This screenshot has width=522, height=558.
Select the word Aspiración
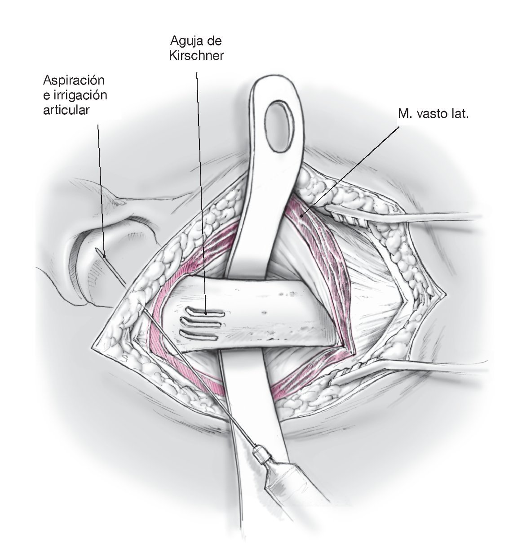tap(74, 81)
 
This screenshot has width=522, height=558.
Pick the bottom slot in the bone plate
tap(199, 335)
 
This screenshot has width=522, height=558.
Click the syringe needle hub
tap(262, 455)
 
